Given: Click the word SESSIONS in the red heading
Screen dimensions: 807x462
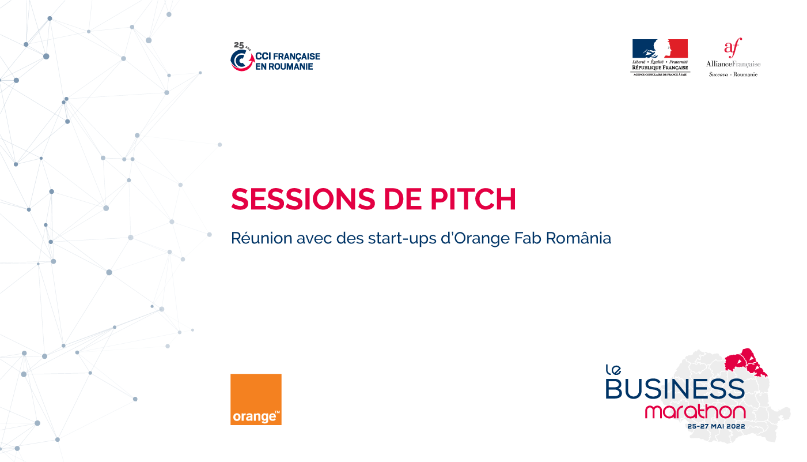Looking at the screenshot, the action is pos(303,199).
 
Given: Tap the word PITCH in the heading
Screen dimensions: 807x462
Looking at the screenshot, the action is pos(473,199).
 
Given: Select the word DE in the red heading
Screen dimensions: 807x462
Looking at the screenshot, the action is pos(403,199).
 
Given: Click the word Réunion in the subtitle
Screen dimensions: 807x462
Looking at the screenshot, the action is pos(262,238).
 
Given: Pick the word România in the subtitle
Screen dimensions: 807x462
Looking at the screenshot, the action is pos(578,238).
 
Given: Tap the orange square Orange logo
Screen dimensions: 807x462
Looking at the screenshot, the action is pos(256,399).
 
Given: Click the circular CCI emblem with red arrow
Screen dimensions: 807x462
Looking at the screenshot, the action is pos(242,60).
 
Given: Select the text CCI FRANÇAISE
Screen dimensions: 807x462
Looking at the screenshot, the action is pos(287,57).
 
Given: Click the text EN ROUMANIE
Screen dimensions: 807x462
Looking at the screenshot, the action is pos(284,66).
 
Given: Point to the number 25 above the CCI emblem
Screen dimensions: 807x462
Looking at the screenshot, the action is pos(238,45).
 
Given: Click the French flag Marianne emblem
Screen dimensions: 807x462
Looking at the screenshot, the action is pos(660,48).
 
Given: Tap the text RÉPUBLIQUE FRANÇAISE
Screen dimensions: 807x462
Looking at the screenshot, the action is pos(660,67).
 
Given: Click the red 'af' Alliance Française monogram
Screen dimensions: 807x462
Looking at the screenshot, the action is pos(733,48).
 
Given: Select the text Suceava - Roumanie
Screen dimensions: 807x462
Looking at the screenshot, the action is pos(733,74).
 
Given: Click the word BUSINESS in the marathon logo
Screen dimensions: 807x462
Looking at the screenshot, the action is pos(675,388).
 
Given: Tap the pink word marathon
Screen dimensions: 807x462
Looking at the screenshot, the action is pos(695,412).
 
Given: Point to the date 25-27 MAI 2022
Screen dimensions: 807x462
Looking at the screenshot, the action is pos(716,426).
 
